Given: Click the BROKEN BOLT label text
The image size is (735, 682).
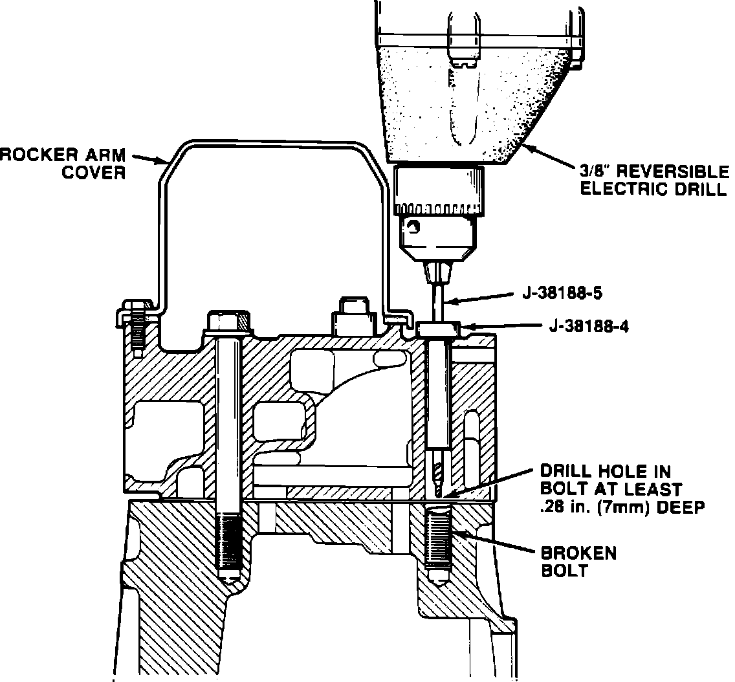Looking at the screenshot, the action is pos(579,562).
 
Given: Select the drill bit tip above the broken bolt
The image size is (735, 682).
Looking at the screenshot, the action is pos(439,489).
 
